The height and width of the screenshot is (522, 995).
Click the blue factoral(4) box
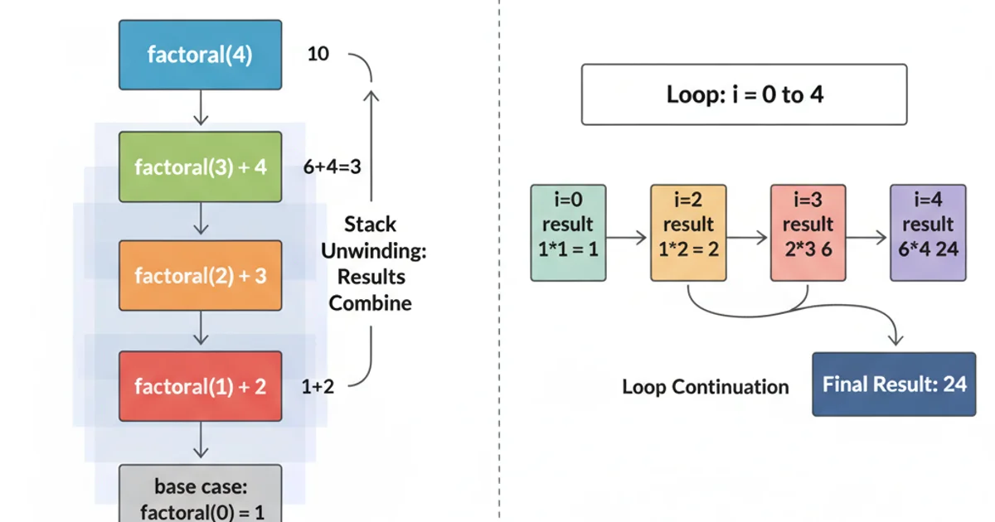[x=200, y=56]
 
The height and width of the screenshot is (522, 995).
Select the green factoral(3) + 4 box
[x=200, y=167]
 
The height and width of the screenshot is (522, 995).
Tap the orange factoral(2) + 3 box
[x=200, y=276]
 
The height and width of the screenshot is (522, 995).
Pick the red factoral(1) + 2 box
[x=200, y=386]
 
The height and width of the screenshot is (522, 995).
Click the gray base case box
[x=200, y=495]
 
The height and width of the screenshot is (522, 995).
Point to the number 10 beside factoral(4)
[x=318, y=54]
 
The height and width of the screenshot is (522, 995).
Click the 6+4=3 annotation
[x=332, y=167]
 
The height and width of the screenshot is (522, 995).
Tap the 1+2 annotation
[x=318, y=386]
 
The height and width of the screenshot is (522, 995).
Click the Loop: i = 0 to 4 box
[x=744, y=94]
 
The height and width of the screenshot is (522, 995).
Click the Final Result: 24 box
[x=894, y=384]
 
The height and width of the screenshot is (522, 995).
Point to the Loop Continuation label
[x=705, y=387]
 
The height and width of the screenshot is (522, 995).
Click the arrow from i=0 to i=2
[x=628, y=237]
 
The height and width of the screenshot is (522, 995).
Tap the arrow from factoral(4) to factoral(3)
[x=200, y=108]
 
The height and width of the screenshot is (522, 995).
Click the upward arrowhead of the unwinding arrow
[x=371, y=96]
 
